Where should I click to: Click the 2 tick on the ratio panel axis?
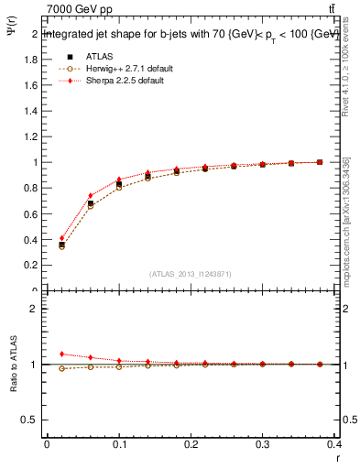32,309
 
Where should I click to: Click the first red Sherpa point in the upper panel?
62,238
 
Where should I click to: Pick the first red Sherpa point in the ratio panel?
62,354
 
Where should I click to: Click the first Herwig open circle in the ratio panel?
62,368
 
